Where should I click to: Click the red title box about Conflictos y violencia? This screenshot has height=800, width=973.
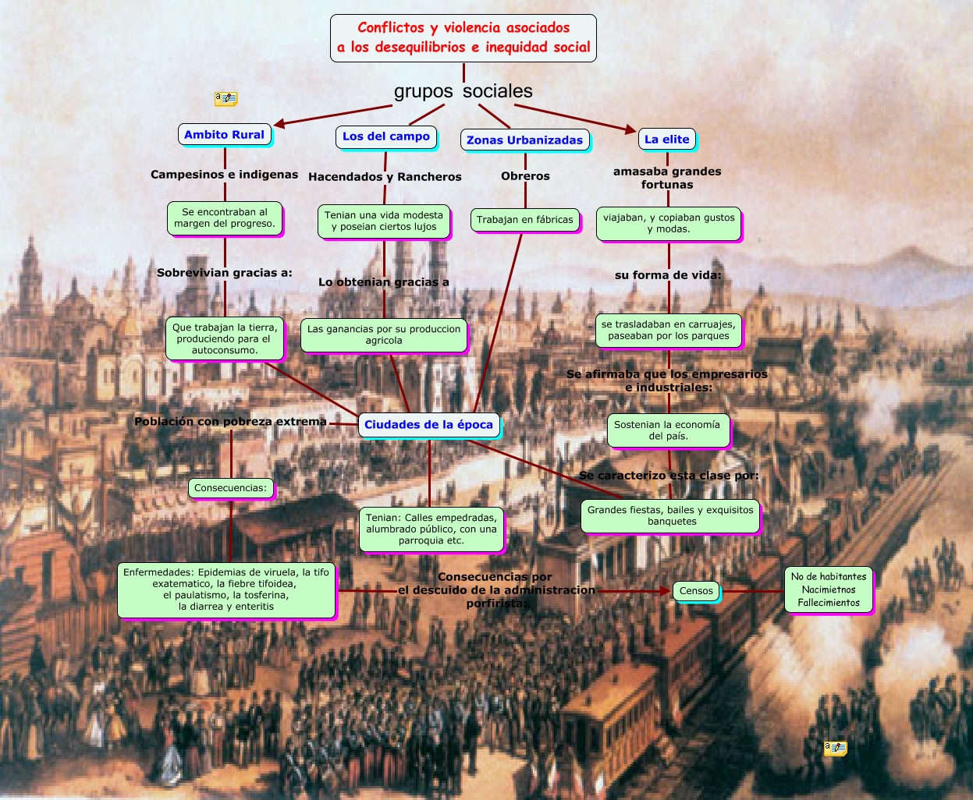click(x=463, y=38)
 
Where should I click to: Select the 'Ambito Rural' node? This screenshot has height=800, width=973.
click(x=225, y=135)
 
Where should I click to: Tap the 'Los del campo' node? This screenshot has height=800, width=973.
click(x=386, y=136)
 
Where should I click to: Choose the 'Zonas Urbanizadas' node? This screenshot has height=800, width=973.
click(x=524, y=140)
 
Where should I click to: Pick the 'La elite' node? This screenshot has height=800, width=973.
click(x=667, y=140)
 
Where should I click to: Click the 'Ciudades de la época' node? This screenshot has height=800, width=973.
click(x=428, y=425)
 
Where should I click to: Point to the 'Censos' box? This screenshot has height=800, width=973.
click(x=696, y=591)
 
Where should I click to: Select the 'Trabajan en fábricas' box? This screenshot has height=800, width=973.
click(x=525, y=220)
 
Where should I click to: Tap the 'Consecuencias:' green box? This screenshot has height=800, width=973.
click(x=230, y=488)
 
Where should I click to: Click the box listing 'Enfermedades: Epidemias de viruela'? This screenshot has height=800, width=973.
click(x=226, y=589)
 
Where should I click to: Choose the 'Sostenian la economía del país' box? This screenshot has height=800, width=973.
click(x=668, y=430)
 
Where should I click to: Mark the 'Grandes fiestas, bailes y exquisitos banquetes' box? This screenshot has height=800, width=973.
click(x=671, y=515)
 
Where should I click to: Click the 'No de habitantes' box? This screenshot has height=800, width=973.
click(x=829, y=589)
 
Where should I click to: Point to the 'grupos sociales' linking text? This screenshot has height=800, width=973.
click(x=463, y=91)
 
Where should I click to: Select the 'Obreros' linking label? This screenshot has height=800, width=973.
click(x=525, y=176)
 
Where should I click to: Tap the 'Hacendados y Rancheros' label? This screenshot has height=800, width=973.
click(x=385, y=177)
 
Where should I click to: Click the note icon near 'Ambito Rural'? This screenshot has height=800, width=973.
click(x=225, y=99)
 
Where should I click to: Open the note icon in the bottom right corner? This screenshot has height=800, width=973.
click(x=835, y=749)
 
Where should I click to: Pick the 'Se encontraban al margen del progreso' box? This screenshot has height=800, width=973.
click(x=225, y=218)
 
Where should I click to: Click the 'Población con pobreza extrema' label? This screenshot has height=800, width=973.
click(x=230, y=422)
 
